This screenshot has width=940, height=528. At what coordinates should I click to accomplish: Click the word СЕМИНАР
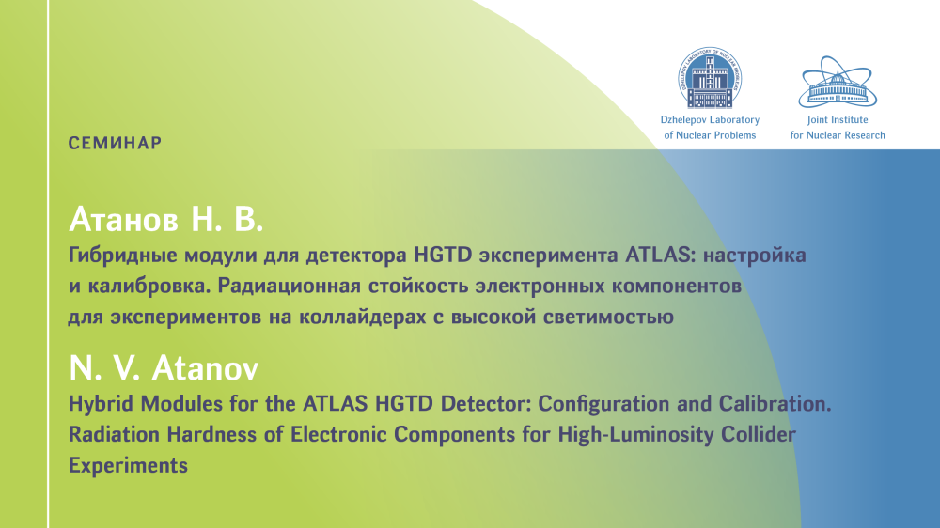point(115,143)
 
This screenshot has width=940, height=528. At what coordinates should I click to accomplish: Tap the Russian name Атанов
point(124,219)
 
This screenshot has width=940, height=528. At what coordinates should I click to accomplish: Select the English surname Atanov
point(205,367)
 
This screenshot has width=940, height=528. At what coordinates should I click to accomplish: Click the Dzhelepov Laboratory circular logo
point(710,78)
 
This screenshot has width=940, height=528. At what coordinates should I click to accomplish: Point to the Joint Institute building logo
point(838,82)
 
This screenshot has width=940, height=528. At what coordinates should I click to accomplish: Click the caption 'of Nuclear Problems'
point(710,135)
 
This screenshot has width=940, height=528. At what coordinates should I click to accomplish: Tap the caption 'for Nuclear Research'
point(838,135)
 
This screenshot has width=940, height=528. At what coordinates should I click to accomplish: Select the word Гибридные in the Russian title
point(123,256)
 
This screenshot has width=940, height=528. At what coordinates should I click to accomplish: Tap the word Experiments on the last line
point(128,466)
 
